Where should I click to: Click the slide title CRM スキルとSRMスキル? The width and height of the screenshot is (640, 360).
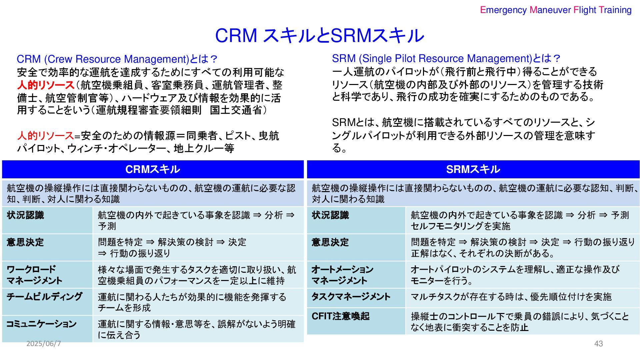tap(319, 35)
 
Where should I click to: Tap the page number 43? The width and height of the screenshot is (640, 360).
tap(598, 344)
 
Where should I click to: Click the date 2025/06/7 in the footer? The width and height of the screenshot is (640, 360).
tap(44, 344)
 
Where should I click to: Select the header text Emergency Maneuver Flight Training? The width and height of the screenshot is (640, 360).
tap(556, 10)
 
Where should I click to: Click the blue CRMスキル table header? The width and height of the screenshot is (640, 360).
tap(153, 169)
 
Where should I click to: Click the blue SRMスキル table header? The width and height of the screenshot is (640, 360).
tap(473, 169)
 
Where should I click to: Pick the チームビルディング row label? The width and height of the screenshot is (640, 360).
tap(44, 296)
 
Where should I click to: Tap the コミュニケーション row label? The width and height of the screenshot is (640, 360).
tap(42, 324)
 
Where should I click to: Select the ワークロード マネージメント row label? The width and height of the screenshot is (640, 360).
tap(34, 275)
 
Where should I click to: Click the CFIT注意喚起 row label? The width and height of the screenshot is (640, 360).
tap(340, 316)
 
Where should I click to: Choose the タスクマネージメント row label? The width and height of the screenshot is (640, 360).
tap(351, 296)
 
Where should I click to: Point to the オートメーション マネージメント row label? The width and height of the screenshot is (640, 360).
tap(342, 275)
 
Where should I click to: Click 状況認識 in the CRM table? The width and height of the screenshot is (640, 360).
tap(25, 215)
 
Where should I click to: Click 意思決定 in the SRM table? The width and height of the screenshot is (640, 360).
tap(330, 242)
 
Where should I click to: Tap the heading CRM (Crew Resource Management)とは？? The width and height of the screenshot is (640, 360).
tap(117, 59)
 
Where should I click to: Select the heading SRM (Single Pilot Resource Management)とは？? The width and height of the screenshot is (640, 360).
tap(446, 59)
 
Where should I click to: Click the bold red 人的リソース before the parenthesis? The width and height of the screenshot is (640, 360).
tap(46, 85)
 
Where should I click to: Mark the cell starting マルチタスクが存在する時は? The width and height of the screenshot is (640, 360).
tap(511, 297)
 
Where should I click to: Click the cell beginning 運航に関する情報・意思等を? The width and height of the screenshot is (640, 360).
tap(197, 329)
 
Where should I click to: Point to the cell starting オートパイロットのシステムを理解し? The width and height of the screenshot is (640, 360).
tap(515, 275)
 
